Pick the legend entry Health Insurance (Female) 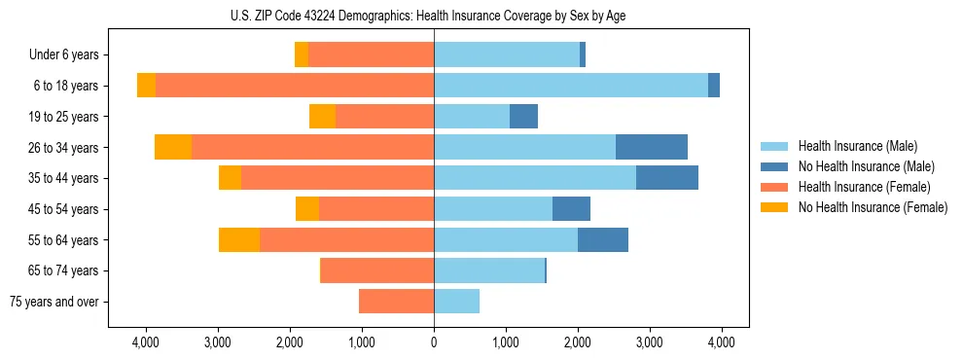tap(864, 187)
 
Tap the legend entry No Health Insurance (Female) tap(872, 207)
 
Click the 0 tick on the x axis tap(434, 342)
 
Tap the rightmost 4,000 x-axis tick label tap(721, 342)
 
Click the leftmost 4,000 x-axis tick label tap(146, 342)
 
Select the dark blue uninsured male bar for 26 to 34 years tap(652, 147)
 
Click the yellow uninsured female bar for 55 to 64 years tap(239, 239)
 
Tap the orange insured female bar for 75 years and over tap(396, 302)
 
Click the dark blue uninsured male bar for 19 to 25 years tap(523, 117)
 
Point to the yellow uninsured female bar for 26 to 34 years tap(173, 147)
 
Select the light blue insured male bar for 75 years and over tap(456, 302)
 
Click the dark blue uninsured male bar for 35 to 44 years tap(667, 178)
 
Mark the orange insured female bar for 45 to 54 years tap(376, 209)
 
